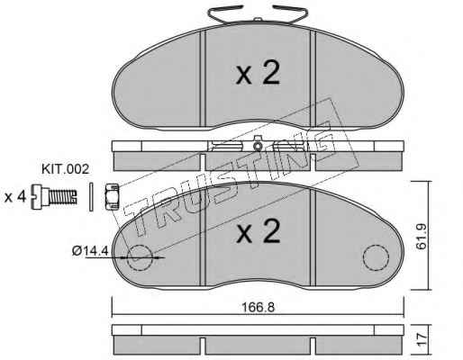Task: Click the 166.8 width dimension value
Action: click(x=259, y=307)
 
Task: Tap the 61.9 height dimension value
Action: click(x=422, y=238)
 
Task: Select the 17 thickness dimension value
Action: click(x=422, y=339)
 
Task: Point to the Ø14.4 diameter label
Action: click(x=90, y=250)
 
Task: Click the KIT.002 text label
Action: click(x=65, y=169)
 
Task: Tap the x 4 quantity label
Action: click(x=15, y=197)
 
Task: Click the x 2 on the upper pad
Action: click(x=258, y=73)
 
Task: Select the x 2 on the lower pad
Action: click(x=258, y=231)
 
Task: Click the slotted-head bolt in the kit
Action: click(x=54, y=196)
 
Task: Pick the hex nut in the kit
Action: click(x=112, y=196)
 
